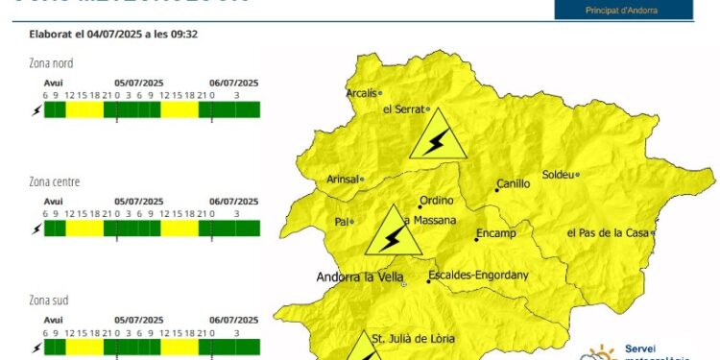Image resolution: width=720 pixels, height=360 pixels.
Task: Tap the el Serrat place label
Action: tap(403, 109)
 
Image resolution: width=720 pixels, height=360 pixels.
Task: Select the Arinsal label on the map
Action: tap(343, 179)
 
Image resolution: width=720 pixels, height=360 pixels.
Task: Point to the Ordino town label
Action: tap(436, 201)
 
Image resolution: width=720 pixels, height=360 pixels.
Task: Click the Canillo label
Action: tap(514, 184)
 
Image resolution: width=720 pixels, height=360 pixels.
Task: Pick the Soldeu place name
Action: tap(558, 175)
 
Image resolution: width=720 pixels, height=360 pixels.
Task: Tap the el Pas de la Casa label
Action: tap(609, 232)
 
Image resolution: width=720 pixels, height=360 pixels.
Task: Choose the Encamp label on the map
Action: tap(496, 233)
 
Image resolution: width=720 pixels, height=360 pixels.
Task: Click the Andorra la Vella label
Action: tap(357, 278)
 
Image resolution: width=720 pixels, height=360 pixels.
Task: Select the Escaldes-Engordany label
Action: tap(479, 276)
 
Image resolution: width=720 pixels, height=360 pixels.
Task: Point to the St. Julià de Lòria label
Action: tap(414, 338)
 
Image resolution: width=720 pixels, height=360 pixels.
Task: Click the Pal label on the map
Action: tap(340, 222)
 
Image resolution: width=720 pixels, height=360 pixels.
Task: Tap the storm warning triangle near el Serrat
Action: tap(437, 136)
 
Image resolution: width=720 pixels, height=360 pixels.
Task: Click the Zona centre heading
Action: tap(55, 181)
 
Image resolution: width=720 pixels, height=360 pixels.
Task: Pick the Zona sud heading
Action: tap(49, 300)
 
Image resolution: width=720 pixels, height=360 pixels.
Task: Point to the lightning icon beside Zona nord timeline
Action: tap(36, 110)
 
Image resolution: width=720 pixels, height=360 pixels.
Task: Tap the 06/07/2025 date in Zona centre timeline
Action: tap(233, 202)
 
